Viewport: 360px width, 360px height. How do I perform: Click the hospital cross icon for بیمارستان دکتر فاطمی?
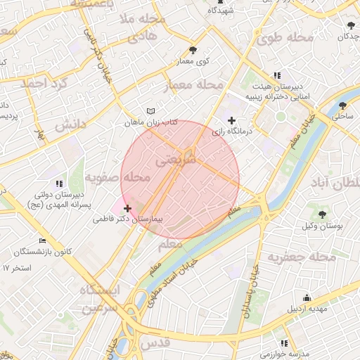click(127, 208)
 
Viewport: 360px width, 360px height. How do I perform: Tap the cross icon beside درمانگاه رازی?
click(232, 121)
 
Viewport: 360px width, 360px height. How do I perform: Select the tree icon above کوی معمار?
click(193, 50)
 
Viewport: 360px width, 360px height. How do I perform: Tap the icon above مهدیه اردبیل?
click(306, 298)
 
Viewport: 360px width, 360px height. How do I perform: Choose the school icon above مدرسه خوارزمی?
click(284, 343)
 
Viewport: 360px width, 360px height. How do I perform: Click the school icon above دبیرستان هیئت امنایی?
click(277, 75)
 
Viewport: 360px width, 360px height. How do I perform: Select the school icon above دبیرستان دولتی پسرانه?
click(57, 184)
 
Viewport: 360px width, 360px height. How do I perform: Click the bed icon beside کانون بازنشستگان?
click(41, 240)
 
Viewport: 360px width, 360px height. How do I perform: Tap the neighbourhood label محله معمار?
click(193, 86)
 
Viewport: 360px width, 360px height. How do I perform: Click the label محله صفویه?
click(117, 179)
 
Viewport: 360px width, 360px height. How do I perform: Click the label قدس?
click(156, 343)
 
